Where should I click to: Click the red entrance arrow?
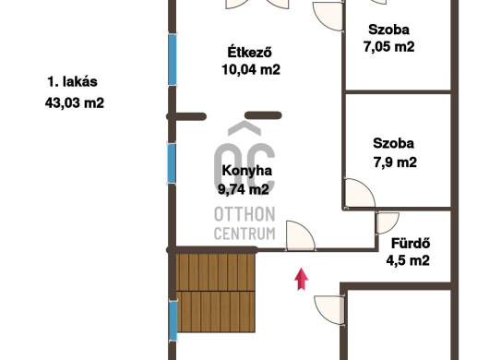click(302, 279)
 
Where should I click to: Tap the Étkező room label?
click(249, 52)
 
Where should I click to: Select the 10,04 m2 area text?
click(251, 69)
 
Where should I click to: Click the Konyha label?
click(246, 171)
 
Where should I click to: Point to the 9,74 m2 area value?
click(244, 189)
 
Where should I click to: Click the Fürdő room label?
click(411, 243)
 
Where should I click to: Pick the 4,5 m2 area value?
click(408, 260)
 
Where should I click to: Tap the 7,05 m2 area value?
click(388, 47)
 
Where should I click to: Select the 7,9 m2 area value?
click(395, 162)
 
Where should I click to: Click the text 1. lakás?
click(72, 82)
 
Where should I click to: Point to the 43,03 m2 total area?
click(75, 102)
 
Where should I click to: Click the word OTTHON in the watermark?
click(244, 214)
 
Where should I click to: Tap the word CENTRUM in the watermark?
click(244, 234)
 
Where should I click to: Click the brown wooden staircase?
click(216, 293)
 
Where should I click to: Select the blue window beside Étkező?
click(173, 59)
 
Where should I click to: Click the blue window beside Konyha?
click(172, 163)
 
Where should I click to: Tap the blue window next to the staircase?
click(173, 320)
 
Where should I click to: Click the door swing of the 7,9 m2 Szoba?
click(359, 193)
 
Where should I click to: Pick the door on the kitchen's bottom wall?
click(301, 235)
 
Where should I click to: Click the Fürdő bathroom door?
click(388, 222)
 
